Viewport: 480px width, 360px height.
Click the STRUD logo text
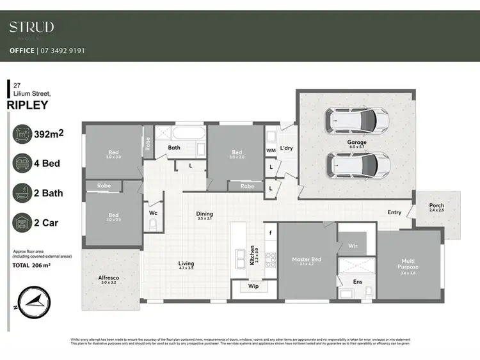pyautogui.click(x=31, y=27)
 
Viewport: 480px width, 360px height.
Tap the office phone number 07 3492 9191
pyautogui.click(x=62, y=51)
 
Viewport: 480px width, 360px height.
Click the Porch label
pyautogui.click(x=436, y=206)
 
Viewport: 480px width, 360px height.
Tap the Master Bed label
pyautogui.click(x=307, y=259)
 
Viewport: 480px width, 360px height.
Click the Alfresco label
pyautogui.click(x=108, y=279)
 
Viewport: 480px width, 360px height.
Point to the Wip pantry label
pyautogui.click(x=253, y=286)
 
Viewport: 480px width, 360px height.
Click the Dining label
pyautogui.click(x=205, y=214)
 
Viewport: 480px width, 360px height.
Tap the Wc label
pyautogui.click(x=154, y=212)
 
